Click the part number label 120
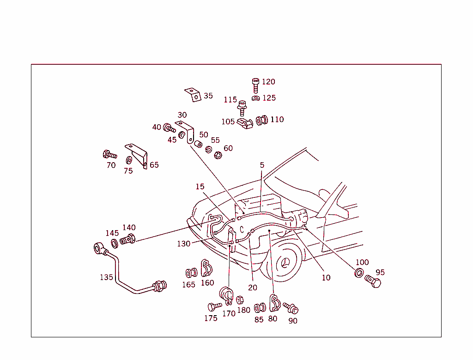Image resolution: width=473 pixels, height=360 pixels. (268, 82)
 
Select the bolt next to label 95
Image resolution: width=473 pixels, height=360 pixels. (373, 281)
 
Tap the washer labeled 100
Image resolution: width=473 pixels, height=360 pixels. (358, 273)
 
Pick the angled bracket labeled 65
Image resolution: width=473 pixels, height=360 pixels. (138, 155)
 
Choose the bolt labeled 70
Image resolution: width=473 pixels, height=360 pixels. (109, 154)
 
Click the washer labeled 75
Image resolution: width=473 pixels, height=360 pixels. (129, 160)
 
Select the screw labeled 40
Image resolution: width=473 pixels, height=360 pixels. (170, 128)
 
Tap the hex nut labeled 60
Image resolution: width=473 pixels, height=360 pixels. (218, 154)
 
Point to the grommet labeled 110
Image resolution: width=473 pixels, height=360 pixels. (262, 120)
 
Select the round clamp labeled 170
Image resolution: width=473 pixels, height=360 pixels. (227, 296)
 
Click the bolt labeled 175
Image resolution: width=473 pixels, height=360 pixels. (214, 306)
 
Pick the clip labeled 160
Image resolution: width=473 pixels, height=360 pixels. (206, 268)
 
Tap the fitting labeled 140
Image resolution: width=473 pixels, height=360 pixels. (128, 240)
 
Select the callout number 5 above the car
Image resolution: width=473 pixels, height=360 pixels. (262, 165)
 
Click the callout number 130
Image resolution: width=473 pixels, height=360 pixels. (184, 244)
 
